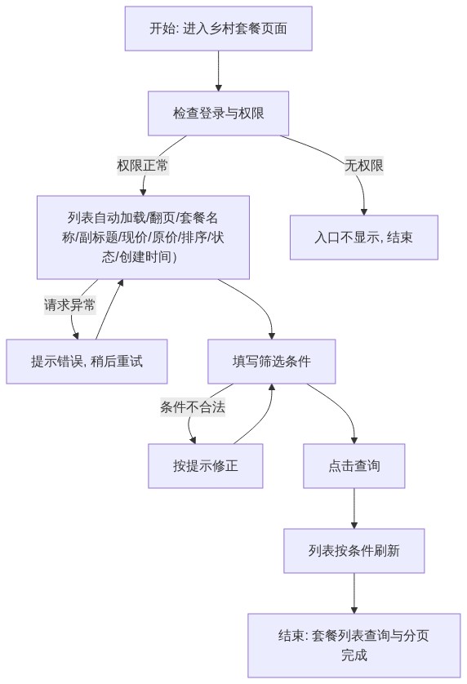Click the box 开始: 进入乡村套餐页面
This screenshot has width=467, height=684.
click(x=218, y=29)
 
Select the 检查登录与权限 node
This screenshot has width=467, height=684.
click(x=218, y=113)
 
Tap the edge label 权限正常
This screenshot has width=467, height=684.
click(x=143, y=166)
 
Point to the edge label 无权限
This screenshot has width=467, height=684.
click(x=364, y=166)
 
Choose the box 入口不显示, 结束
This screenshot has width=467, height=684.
click(x=364, y=238)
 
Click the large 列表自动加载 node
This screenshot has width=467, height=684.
click(x=143, y=238)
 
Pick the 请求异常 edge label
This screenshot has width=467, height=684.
click(x=69, y=305)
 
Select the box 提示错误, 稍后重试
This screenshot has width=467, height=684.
click(x=87, y=362)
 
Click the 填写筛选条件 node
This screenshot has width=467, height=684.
click(x=272, y=362)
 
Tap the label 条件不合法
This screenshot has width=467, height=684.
click(x=193, y=407)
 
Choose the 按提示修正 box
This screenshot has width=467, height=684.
click(x=206, y=466)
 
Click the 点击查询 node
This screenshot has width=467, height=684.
click(x=354, y=466)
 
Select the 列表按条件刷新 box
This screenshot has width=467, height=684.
click(x=354, y=551)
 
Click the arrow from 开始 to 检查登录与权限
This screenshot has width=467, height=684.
click(x=218, y=71)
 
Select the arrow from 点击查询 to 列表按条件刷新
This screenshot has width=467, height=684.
click(x=354, y=509)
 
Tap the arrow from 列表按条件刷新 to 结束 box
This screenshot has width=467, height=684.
click(x=354, y=593)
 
